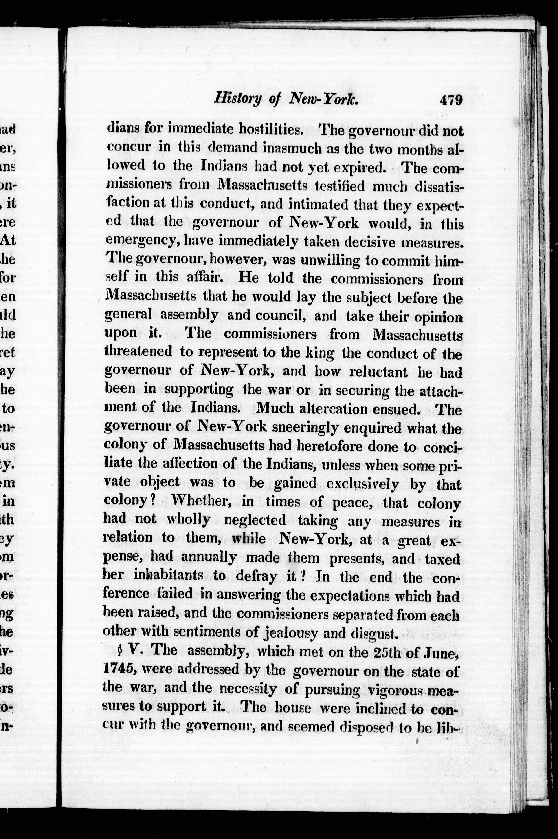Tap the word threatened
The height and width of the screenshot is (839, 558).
(138, 352)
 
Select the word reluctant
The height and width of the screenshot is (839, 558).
(378, 372)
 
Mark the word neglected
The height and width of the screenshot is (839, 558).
(255, 520)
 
